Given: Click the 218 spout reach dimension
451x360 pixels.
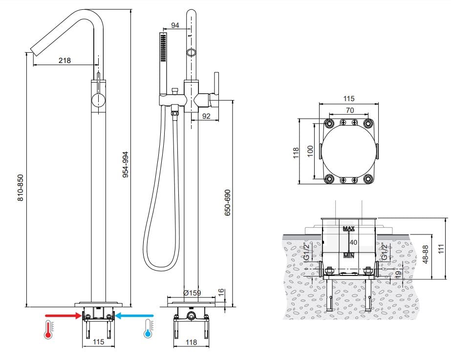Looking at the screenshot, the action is [x=64, y=61].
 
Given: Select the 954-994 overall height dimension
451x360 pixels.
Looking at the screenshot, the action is [x=126, y=165].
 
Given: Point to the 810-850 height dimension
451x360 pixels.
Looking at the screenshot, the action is [x=21, y=188].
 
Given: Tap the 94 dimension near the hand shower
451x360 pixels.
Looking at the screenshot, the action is [x=175, y=25].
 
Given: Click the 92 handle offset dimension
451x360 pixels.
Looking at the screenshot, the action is [x=206, y=116].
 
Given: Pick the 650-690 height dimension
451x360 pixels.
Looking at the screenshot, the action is [x=228, y=203].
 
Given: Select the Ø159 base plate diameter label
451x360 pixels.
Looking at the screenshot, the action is [x=192, y=293].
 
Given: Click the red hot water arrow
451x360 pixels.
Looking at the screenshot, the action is [x=64, y=316].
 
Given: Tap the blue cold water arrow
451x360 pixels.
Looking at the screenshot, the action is [x=134, y=316].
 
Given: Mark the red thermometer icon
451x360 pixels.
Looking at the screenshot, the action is [x=48, y=330].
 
